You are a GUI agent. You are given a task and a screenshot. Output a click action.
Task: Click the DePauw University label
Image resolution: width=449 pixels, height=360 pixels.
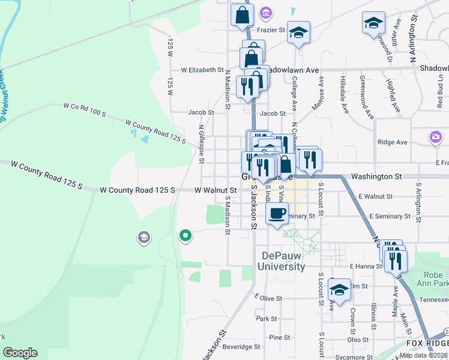[282, 261]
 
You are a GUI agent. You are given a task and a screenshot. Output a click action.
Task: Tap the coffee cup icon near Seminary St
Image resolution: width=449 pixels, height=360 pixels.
[277, 214]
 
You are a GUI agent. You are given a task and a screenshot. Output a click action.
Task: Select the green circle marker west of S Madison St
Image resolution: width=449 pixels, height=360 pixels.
[185, 236]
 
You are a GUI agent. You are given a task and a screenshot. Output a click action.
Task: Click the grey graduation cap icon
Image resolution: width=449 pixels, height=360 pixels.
[143, 238]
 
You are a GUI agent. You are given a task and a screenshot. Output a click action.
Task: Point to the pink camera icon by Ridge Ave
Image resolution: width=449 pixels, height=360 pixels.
[435, 137]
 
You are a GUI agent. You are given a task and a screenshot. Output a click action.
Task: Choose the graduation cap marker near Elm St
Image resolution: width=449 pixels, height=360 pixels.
[339, 290]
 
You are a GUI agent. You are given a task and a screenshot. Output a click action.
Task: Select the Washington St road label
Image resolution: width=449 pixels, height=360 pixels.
[376, 177]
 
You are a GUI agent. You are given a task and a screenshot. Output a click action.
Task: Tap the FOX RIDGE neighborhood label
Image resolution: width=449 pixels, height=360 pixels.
[427, 343]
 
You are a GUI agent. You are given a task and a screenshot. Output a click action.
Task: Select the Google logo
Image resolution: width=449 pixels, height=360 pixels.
[20, 353]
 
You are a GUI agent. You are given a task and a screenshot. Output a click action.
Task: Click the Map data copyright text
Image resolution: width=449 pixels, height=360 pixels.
[423, 355]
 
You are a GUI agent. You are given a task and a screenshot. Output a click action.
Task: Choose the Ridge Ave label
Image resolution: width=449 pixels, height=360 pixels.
[393, 142]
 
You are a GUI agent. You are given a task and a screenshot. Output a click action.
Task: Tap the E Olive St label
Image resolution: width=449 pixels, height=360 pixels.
[268, 297]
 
